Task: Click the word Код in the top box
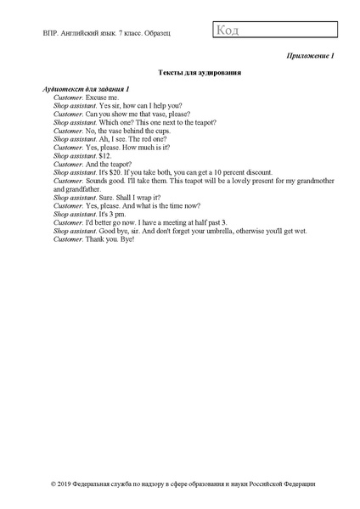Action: (x=228, y=31)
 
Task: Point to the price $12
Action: (x=105, y=156)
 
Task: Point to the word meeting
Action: (x=171, y=222)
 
